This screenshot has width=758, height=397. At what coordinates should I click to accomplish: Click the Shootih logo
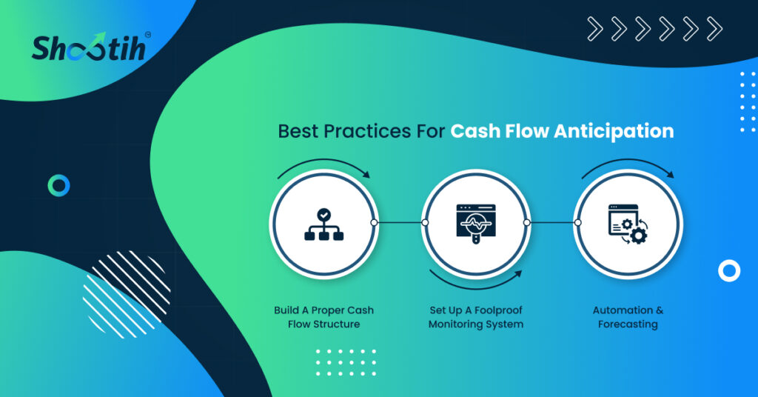point(89,47)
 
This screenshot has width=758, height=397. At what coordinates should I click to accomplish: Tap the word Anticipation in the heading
point(614,132)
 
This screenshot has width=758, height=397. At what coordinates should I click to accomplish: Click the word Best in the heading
point(298,131)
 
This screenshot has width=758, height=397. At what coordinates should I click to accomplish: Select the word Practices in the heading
point(360,131)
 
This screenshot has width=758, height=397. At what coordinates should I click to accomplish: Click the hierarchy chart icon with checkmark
point(324,224)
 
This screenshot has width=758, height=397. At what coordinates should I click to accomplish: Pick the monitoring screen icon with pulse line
point(476,224)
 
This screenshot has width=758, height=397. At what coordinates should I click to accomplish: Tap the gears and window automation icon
point(628,224)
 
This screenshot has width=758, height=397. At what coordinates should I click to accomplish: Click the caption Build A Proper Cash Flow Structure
point(324,317)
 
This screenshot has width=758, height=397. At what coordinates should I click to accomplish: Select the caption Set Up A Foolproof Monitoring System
point(476,317)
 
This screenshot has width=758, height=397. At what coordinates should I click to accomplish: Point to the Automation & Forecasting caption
point(628,317)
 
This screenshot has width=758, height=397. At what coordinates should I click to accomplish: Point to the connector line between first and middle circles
point(399,222)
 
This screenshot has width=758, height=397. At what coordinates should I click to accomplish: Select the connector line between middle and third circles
point(552,222)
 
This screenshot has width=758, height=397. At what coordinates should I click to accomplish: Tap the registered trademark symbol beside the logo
point(148,35)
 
